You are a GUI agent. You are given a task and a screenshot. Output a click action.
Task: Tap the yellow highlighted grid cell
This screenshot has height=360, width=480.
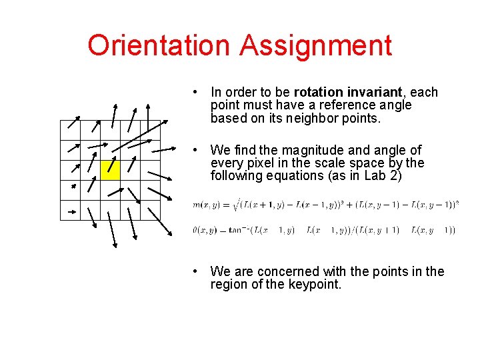110,170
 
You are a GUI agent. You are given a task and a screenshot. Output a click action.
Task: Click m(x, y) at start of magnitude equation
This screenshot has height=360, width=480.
206,204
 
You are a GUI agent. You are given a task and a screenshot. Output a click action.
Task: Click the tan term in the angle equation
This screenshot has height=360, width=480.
238,231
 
